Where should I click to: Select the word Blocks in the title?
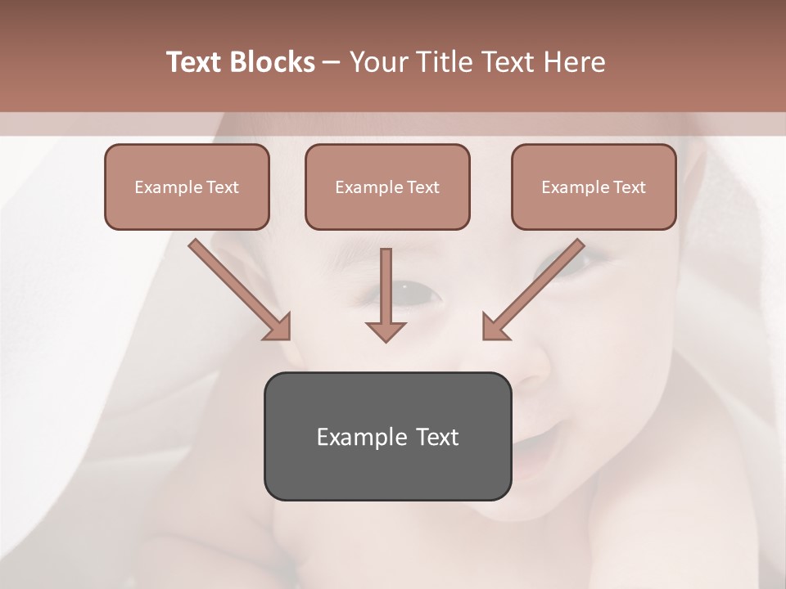pos(272,62)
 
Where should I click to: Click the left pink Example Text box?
pos(187,187)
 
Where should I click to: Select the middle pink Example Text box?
pos(387,187)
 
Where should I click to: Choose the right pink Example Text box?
pos(594,187)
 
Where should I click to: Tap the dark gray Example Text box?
pos(387,436)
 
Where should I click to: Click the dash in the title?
pos(332,62)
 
